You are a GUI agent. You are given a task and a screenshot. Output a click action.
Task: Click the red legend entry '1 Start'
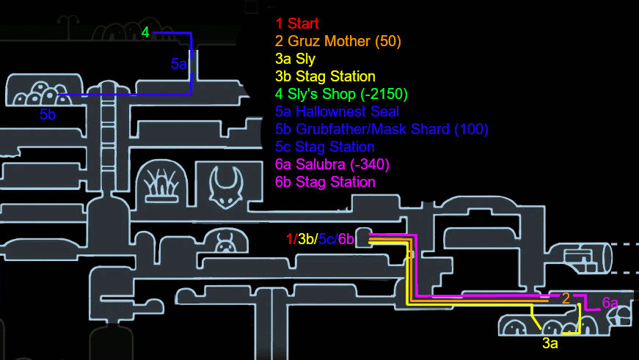(x=297, y=24)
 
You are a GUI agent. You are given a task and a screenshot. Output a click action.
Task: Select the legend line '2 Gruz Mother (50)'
(x=338, y=42)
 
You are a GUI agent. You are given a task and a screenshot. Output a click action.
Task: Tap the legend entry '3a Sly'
(x=297, y=59)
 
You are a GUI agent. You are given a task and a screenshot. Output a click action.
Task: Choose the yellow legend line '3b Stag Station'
(x=325, y=77)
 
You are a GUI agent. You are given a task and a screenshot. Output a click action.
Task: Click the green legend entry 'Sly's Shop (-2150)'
(x=341, y=95)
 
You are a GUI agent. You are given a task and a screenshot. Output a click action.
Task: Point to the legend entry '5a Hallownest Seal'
(x=337, y=112)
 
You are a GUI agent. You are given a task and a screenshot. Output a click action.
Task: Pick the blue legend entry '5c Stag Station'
(x=325, y=147)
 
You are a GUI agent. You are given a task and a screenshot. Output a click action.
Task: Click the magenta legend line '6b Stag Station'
(x=325, y=182)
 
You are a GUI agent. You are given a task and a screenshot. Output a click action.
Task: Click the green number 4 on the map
(x=146, y=32)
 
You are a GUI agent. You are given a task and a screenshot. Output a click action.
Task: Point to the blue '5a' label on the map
(x=179, y=65)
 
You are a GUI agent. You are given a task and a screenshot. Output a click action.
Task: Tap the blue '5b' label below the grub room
(x=48, y=115)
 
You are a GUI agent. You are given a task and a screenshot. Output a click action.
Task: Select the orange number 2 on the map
(x=566, y=298)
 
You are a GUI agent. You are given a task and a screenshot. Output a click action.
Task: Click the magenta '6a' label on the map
(x=610, y=303)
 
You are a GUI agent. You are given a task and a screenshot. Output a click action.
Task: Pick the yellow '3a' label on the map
(x=550, y=342)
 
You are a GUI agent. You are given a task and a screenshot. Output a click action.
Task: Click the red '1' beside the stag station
(x=291, y=239)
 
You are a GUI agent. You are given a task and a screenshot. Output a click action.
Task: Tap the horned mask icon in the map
(x=226, y=186)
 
